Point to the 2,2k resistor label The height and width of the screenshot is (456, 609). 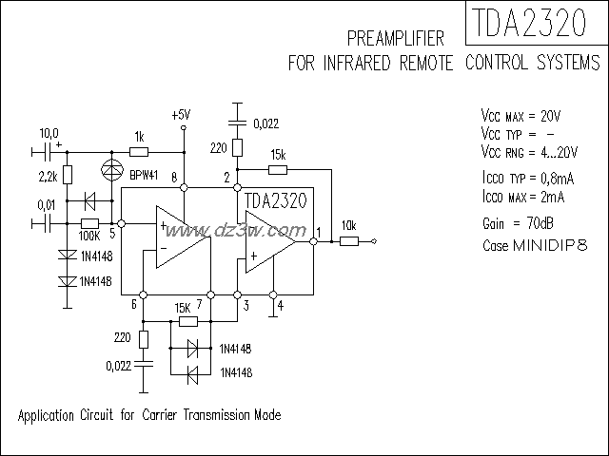(49, 176)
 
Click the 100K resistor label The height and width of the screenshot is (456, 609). (91, 234)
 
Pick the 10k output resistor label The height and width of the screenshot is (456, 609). (349, 225)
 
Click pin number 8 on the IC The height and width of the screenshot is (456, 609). (174, 178)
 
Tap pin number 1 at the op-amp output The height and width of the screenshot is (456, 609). (319, 232)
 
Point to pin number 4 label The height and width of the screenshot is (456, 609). (281, 304)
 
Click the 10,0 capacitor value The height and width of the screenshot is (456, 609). (48, 133)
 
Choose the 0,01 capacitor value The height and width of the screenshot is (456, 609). (46, 204)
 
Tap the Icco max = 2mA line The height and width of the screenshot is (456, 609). (523, 197)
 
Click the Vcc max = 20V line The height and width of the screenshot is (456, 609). (521, 115)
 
